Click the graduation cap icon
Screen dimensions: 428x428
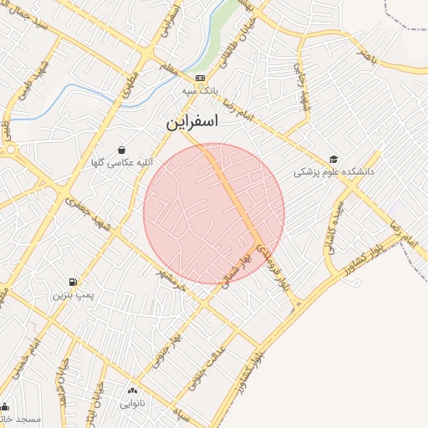point(334,159)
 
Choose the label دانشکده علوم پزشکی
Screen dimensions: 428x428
point(334,172)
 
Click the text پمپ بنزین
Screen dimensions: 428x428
point(74,295)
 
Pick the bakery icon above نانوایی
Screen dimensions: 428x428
point(132,390)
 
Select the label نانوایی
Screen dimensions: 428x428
point(132,404)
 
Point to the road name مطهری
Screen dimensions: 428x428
point(132,90)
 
